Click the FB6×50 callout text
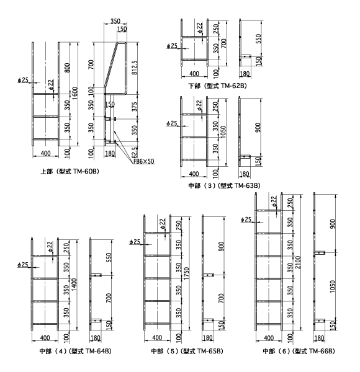(x=143, y=162)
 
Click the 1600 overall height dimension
(x=74, y=93)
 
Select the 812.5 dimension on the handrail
(x=135, y=68)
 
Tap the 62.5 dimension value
(x=135, y=153)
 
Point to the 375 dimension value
(x=135, y=107)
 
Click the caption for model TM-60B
(x=70, y=171)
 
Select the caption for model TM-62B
(x=217, y=86)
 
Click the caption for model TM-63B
(x=224, y=185)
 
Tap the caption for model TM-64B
(x=75, y=351)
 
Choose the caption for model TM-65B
(x=187, y=351)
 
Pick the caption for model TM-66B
(x=299, y=351)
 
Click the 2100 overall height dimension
(x=299, y=262)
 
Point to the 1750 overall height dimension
(x=187, y=273)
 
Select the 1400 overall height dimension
(x=74, y=285)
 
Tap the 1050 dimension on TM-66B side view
(x=333, y=286)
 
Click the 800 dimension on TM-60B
(x=68, y=68)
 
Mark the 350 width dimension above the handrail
(x=115, y=21)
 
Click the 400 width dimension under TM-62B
(x=194, y=74)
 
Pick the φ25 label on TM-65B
(x=135, y=242)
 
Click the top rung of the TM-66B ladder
(x=269, y=210)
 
